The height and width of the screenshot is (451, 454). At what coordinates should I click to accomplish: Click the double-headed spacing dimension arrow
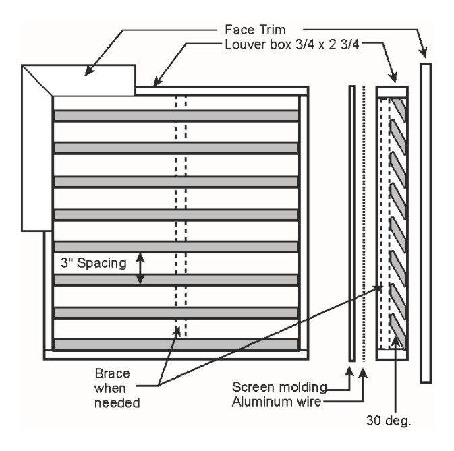(140, 268)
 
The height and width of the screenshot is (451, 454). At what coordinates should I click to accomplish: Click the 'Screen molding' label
(279, 387)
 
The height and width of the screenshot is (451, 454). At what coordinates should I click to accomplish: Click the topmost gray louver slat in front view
(176, 115)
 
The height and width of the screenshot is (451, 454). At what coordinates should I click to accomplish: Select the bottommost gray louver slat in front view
(176, 344)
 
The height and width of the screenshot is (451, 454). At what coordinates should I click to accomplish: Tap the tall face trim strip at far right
(425, 222)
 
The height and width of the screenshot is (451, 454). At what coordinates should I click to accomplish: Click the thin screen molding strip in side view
(351, 222)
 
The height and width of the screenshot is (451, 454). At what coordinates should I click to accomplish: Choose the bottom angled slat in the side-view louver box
(398, 337)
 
